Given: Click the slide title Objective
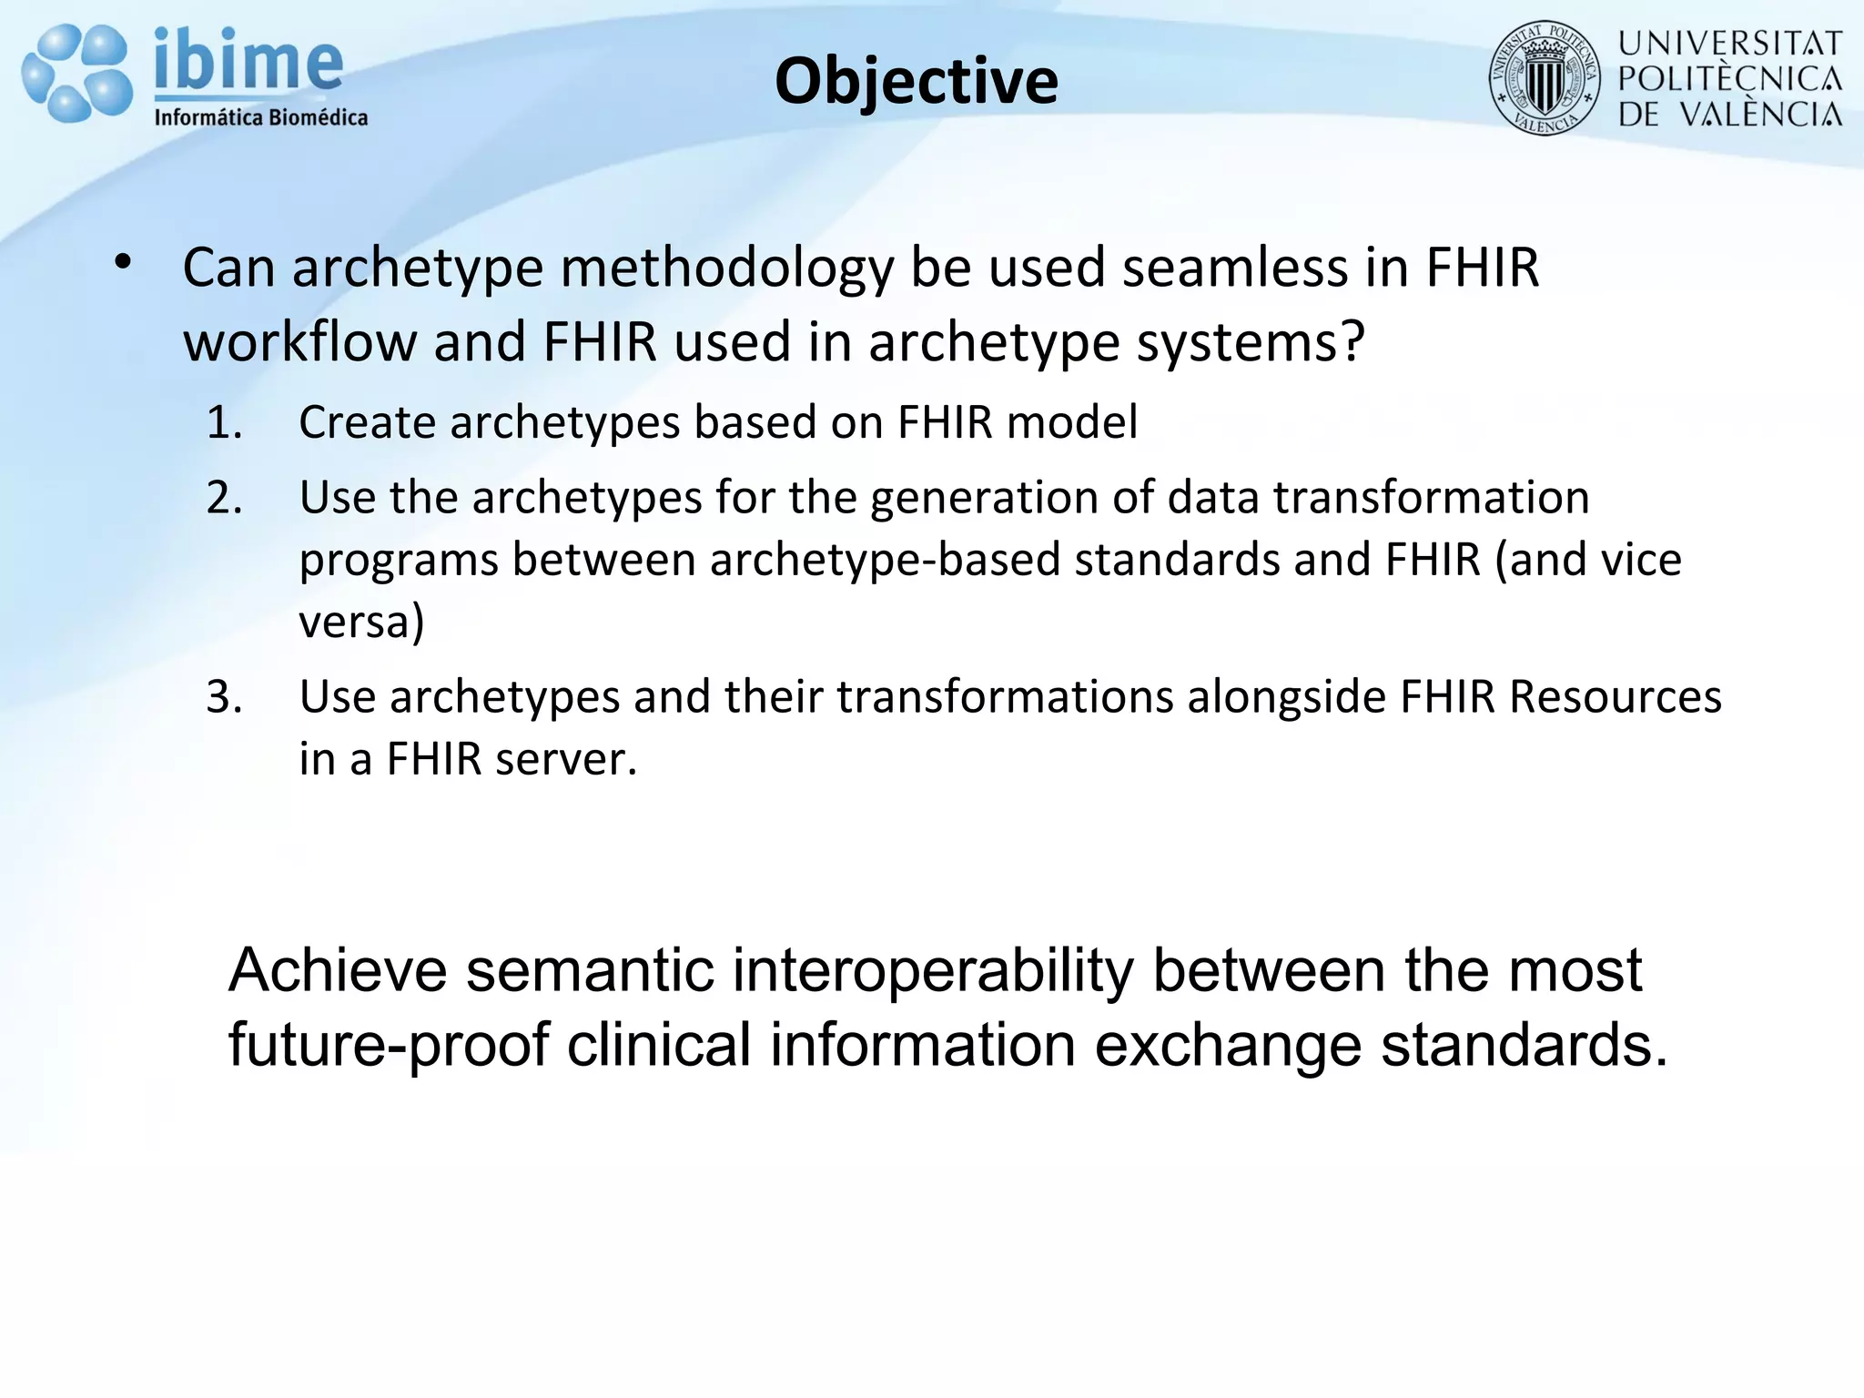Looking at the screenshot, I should click(x=917, y=82).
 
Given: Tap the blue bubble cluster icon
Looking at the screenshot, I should click(x=78, y=73).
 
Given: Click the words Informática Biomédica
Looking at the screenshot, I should click(x=261, y=117).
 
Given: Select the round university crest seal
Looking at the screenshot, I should click(x=1544, y=78).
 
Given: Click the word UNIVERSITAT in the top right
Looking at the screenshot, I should click(x=1730, y=43).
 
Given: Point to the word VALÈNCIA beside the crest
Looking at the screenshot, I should click(x=1760, y=115).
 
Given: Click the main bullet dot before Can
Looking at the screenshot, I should click(x=123, y=264).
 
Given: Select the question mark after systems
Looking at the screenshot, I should click(x=1352, y=341).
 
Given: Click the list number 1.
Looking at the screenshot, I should click(x=224, y=423).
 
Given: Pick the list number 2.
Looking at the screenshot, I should click(x=224, y=498).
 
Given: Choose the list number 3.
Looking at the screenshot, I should click(x=224, y=697).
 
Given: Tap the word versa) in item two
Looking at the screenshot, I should click(x=361, y=623).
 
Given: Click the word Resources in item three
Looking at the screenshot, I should click(x=1615, y=697).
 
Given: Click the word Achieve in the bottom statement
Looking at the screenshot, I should click(x=338, y=970).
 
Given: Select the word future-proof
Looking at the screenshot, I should click(x=389, y=1045).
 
